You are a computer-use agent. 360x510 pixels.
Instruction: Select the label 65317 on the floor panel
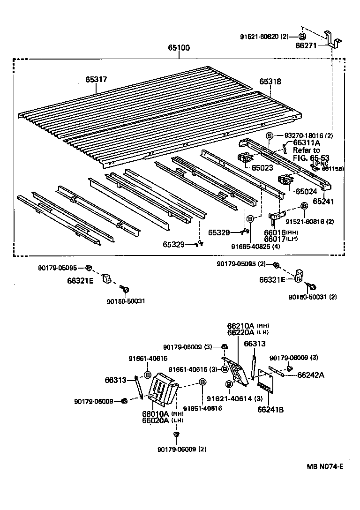(96, 80)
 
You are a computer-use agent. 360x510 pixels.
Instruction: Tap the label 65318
(270, 82)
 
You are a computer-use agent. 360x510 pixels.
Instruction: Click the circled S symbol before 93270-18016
(270, 135)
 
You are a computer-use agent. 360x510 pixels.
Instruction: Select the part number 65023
(262, 167)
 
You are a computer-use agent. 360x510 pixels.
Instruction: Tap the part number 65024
(306, 191)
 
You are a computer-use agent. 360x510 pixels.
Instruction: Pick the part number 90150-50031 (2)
(312, 297)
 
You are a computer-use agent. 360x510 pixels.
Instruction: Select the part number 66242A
(310, 375)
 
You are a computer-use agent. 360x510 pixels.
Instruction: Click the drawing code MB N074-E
(325, 466)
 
